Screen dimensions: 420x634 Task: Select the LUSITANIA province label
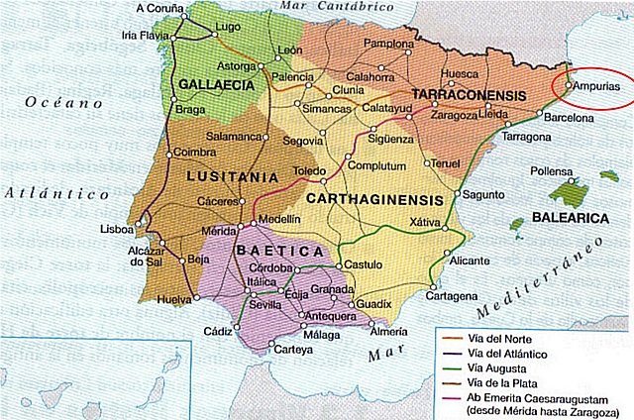pyautogui.click(x=231, y=176)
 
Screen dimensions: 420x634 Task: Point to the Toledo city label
pyautogui.click(x=308, y=170)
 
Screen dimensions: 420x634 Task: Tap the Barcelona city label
pyautogui.click(x=565, y=117)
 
